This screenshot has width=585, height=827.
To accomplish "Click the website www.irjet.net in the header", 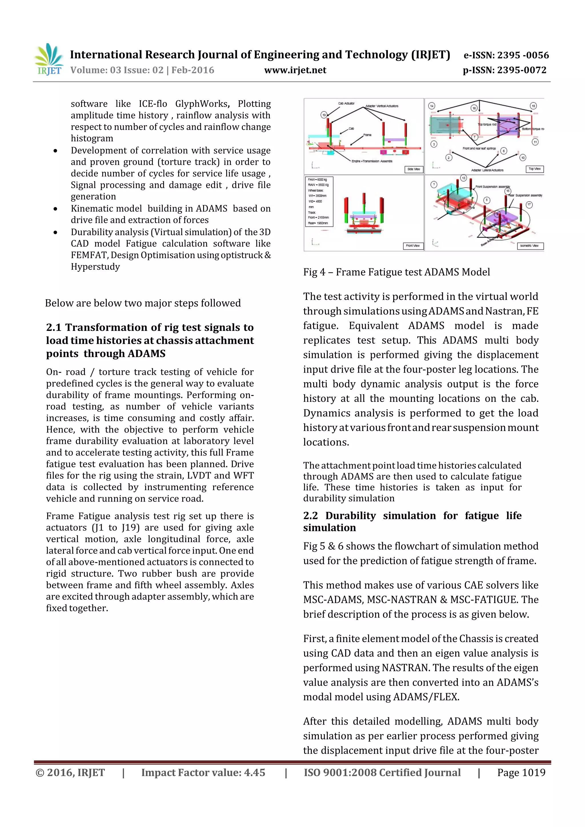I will click(295, 70).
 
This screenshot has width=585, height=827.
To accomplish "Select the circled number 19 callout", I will click(324, 115).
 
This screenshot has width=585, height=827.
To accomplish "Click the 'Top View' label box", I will click(534, 169).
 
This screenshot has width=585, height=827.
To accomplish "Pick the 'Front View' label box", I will click(413, 246).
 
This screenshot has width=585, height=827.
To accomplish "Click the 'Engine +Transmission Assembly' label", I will click(372, 161).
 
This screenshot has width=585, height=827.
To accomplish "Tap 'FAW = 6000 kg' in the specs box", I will click(318, 179).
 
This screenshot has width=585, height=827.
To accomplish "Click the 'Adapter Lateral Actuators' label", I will click(487, 170).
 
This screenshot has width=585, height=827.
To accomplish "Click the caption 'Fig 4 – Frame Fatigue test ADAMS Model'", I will click(396, 272).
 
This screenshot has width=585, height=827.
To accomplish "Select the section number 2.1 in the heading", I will click(53, 327).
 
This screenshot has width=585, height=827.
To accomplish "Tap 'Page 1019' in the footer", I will click(521, 772).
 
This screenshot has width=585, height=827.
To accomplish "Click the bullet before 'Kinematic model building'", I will click(55, 209).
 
